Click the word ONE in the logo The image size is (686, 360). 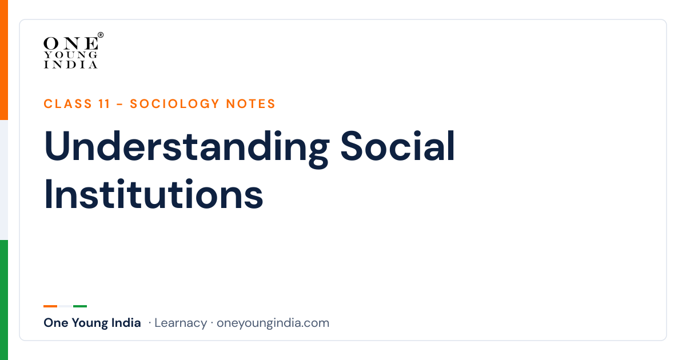coord(71,43)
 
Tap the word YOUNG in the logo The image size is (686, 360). coord(71,55)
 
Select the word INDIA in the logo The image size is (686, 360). coord(71,65)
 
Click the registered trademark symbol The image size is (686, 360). coord(101,35)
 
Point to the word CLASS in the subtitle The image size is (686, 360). coord(67,104)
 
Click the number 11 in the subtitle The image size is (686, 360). coord(104,104)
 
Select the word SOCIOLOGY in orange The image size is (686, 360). coord(174,104)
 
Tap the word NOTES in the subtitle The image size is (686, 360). coord(251,104)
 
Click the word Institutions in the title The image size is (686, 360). coord(153,194)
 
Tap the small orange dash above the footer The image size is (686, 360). coord(50,306)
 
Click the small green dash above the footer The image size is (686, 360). coord(80,306)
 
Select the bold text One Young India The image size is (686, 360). coord(92,323)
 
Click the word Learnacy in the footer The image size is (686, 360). coord(181,323)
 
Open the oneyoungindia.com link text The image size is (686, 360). coord(273,323)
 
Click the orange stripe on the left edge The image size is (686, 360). coord(4,60)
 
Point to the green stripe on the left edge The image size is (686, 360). coord(4,300)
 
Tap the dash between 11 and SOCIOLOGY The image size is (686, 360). coord(119,105)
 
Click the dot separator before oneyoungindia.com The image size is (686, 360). coord(212,323)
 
